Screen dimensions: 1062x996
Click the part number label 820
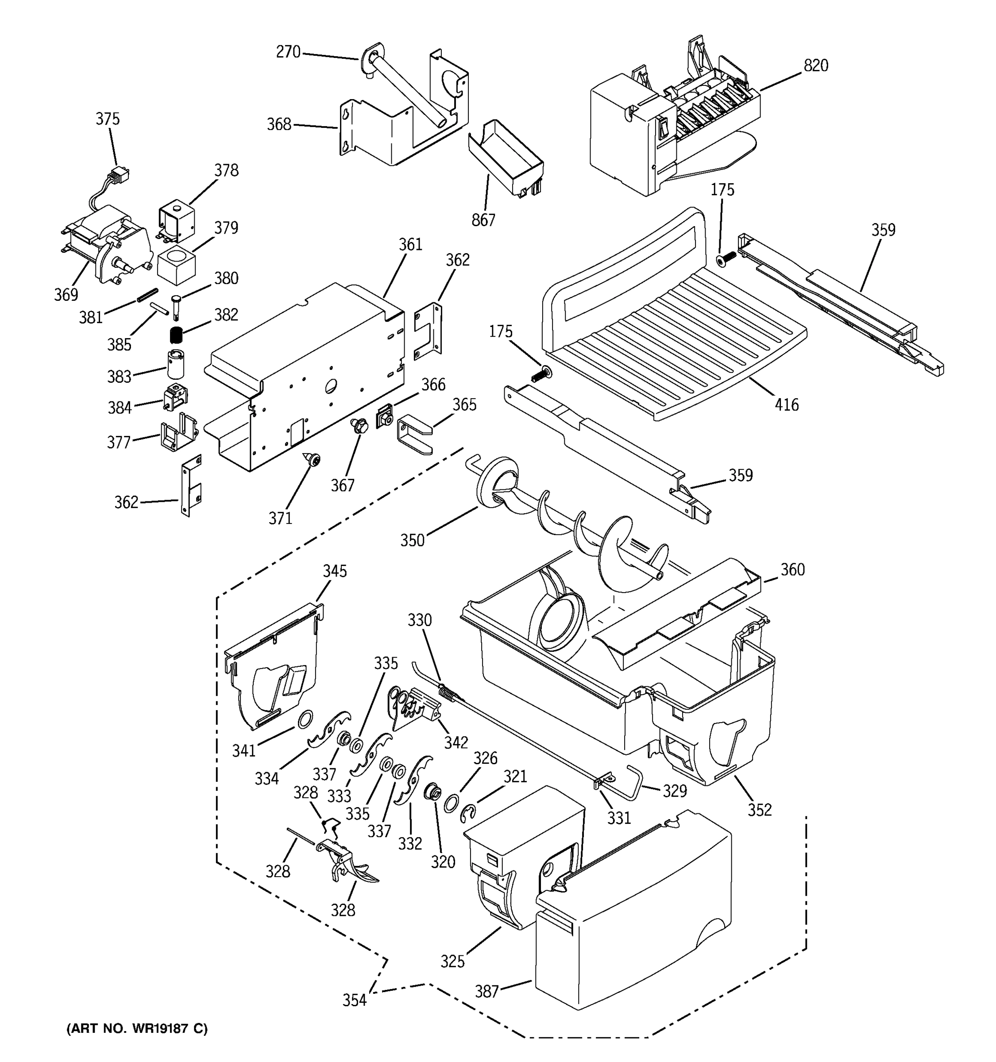[815, 65]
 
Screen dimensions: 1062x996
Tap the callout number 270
[288, 52]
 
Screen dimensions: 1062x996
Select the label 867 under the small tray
[483, 219]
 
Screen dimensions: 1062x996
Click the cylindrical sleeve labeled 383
[176, 363]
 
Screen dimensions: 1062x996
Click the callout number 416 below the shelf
[787, 405]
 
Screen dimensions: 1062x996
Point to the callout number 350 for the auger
[413, 540]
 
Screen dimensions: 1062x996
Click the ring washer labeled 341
[305, 720]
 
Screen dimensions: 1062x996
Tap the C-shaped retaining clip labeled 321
[467, 812]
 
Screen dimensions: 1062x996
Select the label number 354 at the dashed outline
[354, 1000]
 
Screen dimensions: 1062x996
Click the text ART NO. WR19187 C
[137, 1028]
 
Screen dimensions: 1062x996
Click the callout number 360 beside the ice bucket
[792, 570]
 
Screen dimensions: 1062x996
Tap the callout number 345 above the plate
[335, 571]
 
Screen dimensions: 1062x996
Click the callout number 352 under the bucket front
[759, 810]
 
